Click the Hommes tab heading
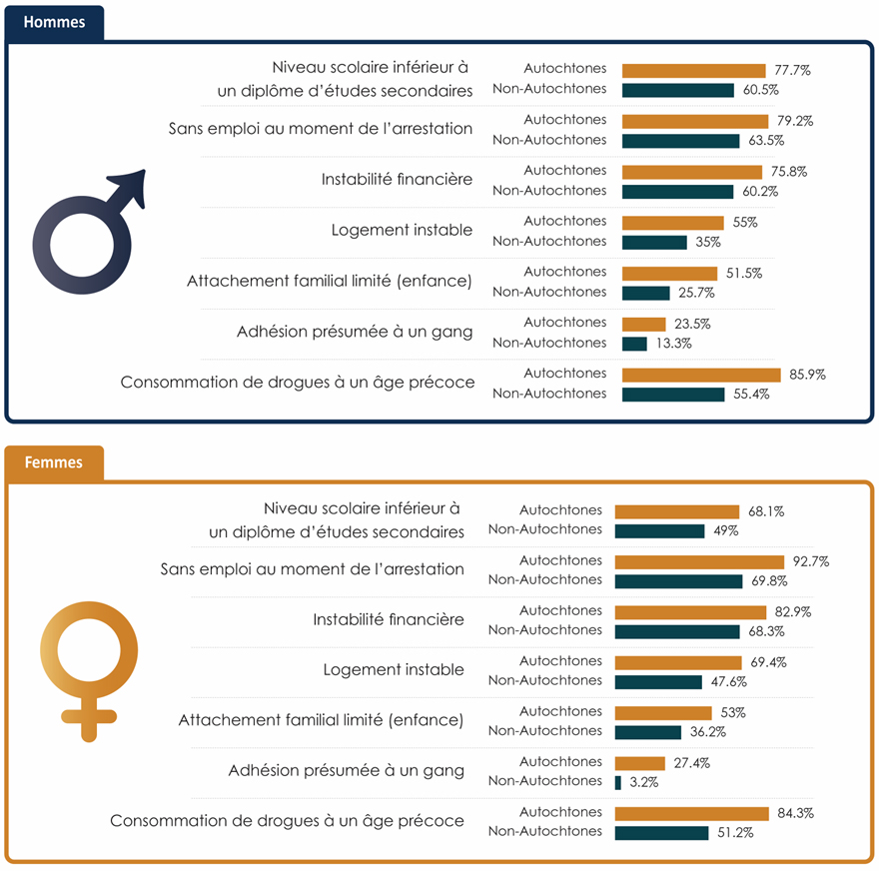pos(54,22)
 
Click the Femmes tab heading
pos(53,462)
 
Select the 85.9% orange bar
pos(701,375)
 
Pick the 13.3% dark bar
pos(634,344)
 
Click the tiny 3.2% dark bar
pos(618,782)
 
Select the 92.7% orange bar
pos(699,561)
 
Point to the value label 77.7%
pos(792,71)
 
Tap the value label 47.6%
pos(728,682)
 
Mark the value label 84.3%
pos(795,813)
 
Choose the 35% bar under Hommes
pos(654,242)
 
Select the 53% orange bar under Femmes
pos(663,712)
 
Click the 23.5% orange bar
pos(643,324)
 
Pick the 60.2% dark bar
pos(677,191)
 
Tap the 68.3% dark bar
pos(677,631)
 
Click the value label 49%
pos(725,531)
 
